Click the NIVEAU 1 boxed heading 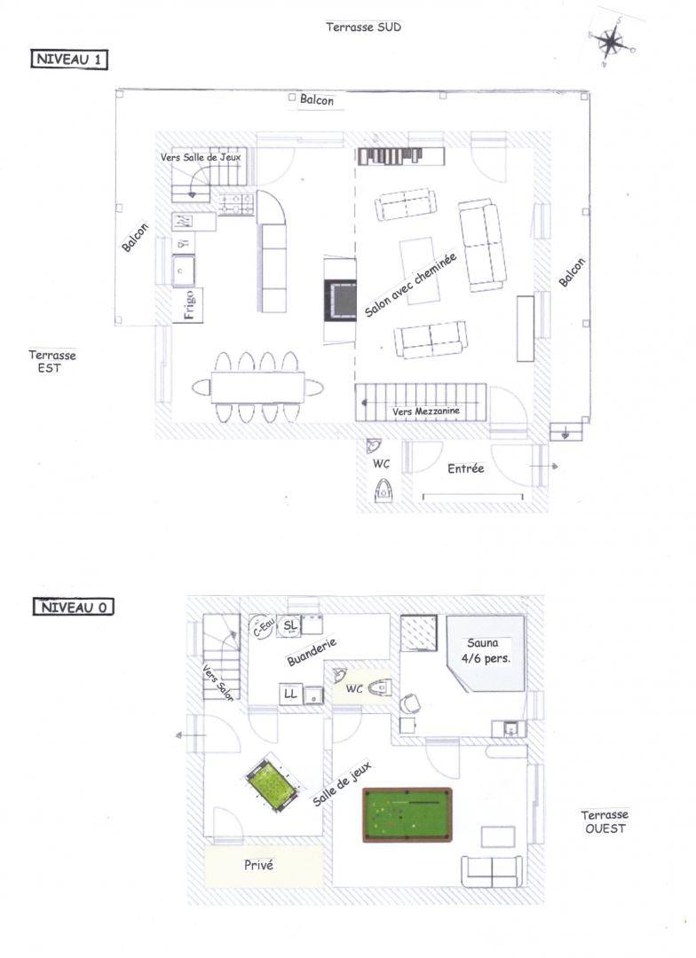69,60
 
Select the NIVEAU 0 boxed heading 74,608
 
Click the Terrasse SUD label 363,27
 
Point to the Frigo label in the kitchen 189,304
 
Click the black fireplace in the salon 340,300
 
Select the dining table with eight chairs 257,388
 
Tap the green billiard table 407,814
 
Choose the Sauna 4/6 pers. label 486,651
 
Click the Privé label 258,865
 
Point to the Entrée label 465,468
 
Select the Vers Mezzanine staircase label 425,412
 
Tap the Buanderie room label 312,653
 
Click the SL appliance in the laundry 290,625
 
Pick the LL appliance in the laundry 290,694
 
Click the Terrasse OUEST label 605,821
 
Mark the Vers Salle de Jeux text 201,157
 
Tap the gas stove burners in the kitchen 236,204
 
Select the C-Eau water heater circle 262,627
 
